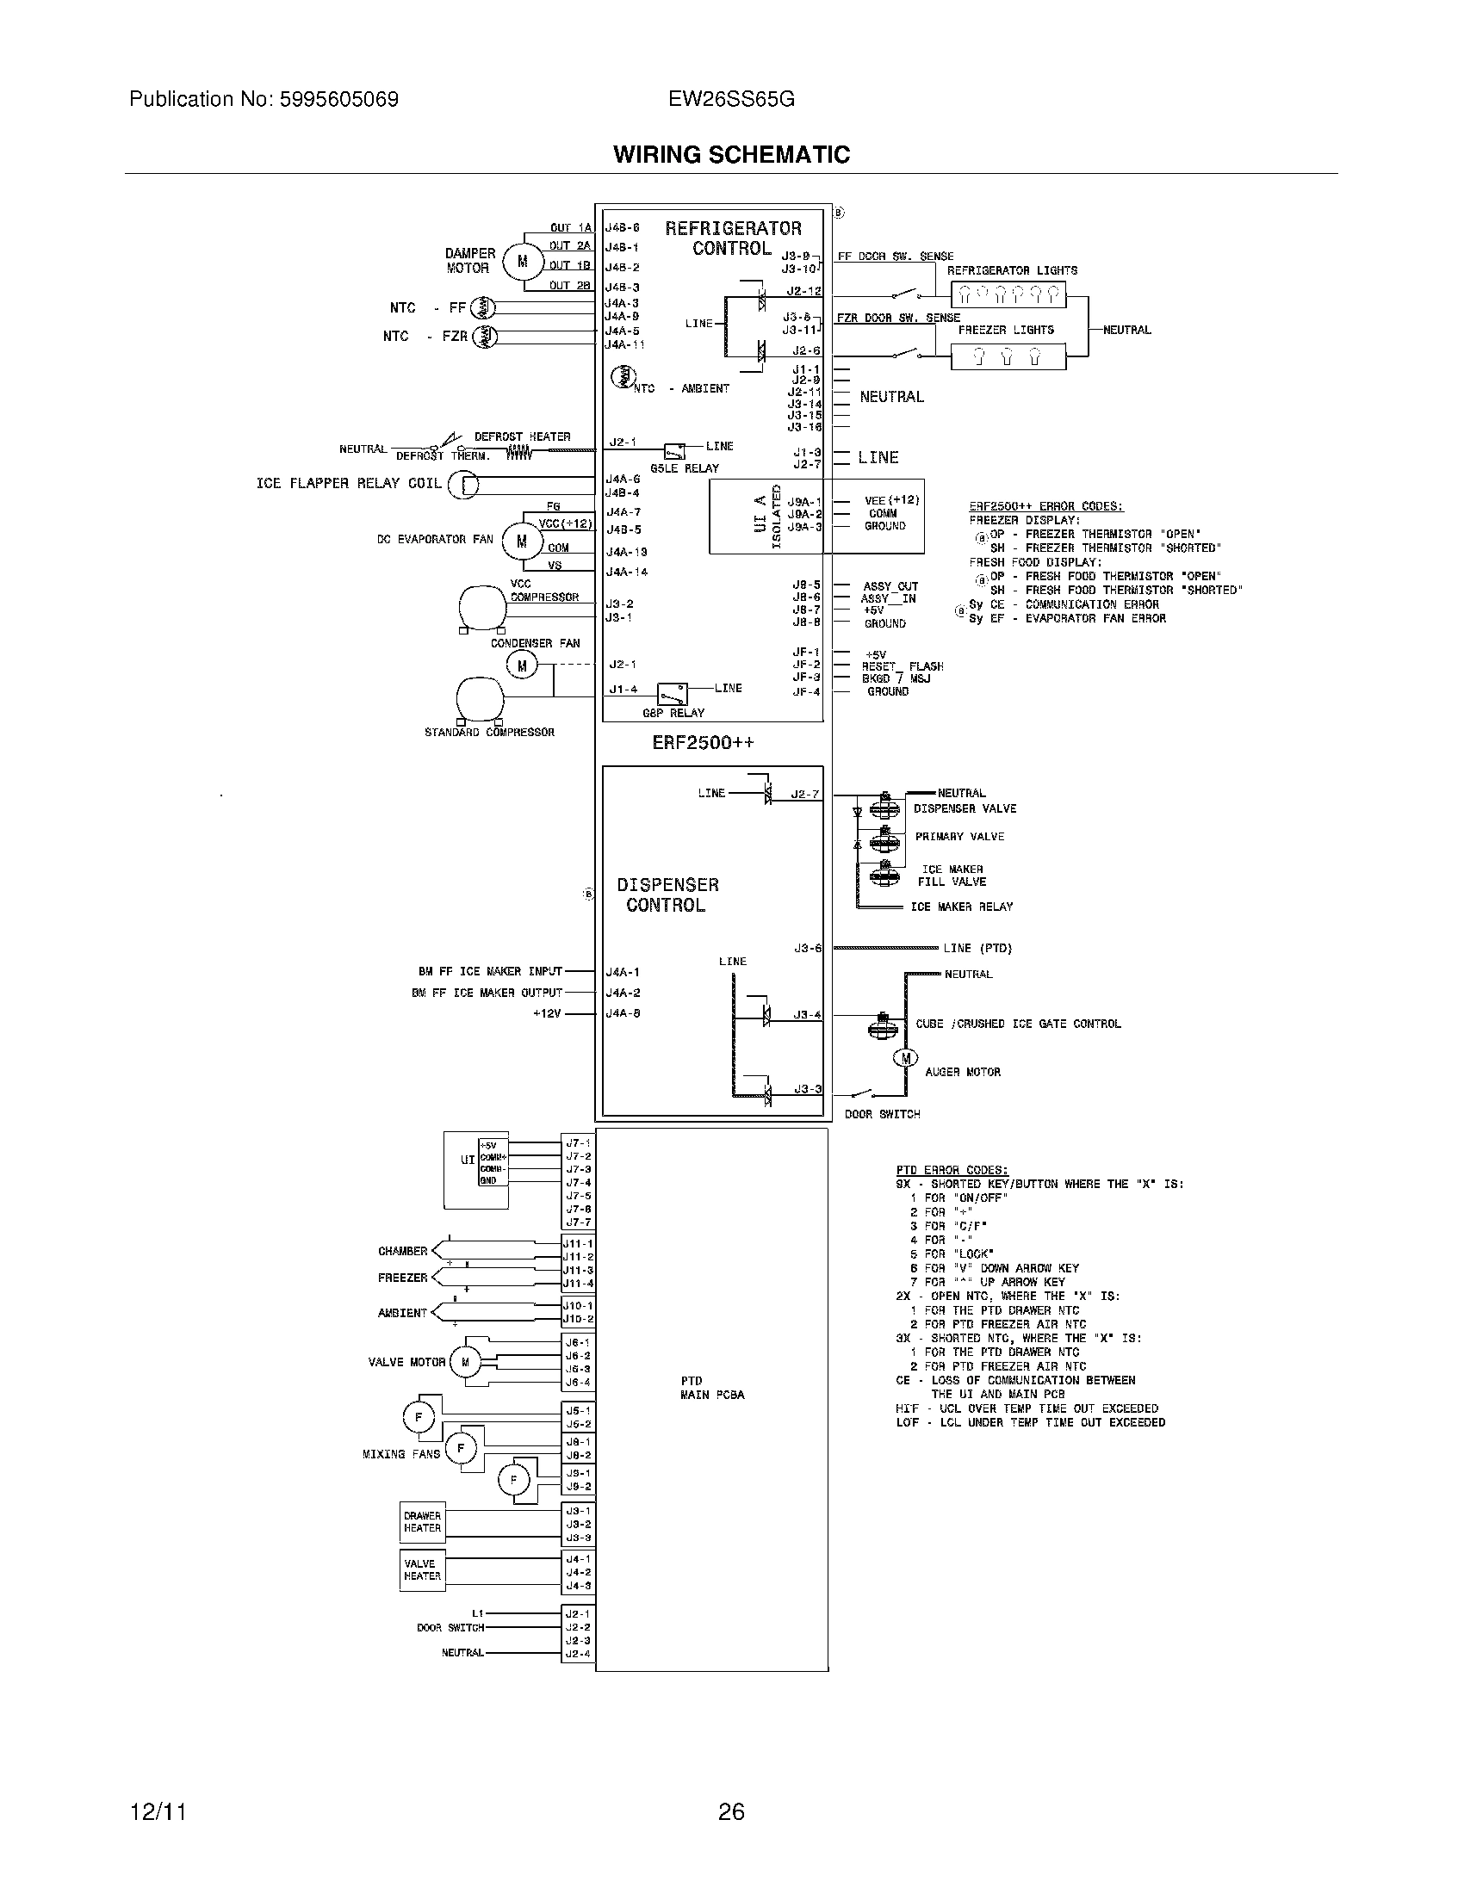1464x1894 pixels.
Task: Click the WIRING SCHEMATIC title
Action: tap(731, 154)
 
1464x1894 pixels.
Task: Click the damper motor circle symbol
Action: tap(521, 261)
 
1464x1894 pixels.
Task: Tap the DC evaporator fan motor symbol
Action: tap(521, 542)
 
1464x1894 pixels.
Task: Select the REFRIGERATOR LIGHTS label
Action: tap(1011, 270)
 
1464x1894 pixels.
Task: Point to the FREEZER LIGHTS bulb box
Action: tap(1008, 356)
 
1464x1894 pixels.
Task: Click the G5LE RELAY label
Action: tap(685, 468)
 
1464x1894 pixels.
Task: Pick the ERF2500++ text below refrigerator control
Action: tap(704, 743)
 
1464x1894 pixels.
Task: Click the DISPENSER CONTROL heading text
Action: tap(667, 895)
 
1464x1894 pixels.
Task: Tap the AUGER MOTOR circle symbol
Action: tap(905, 1058)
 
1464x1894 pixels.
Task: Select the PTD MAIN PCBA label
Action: tap(711, 1388)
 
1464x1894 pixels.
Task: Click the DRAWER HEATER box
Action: tap(422, 1522)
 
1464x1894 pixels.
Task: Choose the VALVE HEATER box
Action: tap(422, 1569)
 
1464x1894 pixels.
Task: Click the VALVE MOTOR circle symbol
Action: tap(465, 1363)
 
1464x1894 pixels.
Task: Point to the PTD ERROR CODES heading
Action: tap(952, 1170)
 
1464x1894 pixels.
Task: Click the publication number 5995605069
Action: tap(338, 100)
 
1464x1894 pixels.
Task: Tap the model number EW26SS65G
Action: tap(731, 100)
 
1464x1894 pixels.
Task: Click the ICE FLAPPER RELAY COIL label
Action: tap(349, 483)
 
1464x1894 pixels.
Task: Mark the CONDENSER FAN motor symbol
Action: tap(521, 666)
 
